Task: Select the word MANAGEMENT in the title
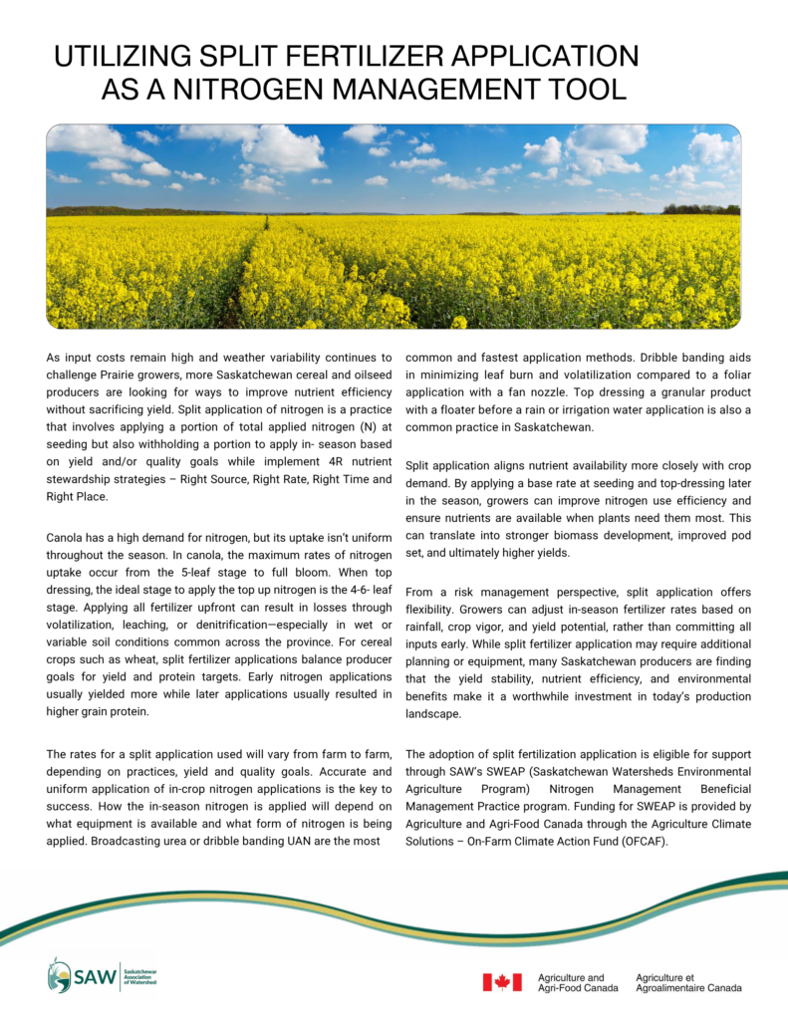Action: (429, 90)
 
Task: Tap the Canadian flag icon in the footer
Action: (502, 982)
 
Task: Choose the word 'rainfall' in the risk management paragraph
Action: (428, 628)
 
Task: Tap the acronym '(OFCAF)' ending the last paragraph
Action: (637, 841)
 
